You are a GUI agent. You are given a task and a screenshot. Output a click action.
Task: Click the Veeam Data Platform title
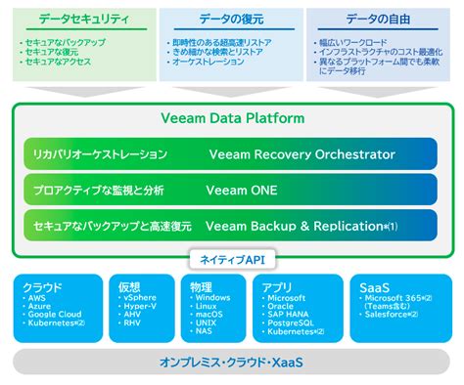tap(232, 118)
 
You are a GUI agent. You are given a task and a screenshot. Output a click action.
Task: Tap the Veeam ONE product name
tap(243, 190)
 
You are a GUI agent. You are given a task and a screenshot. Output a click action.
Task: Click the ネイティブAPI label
tap(232, 259)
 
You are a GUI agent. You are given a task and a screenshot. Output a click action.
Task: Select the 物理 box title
tap(200, 287)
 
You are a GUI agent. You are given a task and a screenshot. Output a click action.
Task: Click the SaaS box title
tap(372, 287)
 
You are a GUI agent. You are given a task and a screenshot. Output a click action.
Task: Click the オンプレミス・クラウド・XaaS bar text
tap(232, 362)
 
